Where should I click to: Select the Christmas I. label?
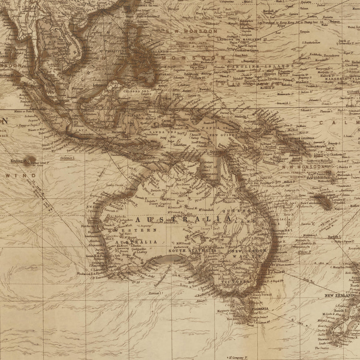(67, 158)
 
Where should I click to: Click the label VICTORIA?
(235, 281)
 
